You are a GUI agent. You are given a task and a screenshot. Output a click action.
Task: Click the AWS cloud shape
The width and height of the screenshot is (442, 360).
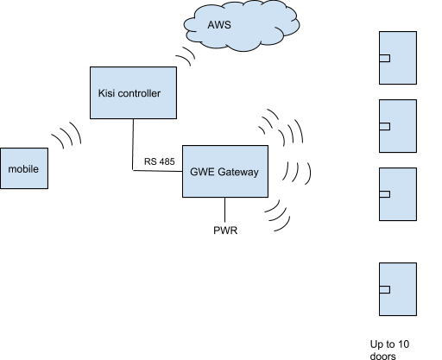(242, 25)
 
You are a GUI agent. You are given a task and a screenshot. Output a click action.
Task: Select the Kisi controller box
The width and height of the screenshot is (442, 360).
(133, 92)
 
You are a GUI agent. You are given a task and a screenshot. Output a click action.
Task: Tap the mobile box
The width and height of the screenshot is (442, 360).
(24, 168)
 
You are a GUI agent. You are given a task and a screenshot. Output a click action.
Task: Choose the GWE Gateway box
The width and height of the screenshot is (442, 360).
(225, 171)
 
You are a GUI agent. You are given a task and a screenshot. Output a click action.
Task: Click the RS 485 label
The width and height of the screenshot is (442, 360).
(160, 161)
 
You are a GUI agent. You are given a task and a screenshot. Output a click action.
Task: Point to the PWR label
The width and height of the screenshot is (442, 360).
(225, 231)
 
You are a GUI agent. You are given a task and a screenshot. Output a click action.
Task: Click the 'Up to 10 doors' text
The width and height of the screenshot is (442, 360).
(389, 350)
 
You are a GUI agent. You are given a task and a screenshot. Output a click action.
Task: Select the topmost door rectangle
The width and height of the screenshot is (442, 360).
(398, 58)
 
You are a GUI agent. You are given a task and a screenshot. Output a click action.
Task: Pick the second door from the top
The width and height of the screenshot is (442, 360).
(398, 126)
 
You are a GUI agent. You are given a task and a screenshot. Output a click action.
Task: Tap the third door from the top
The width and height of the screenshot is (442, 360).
(398, 194)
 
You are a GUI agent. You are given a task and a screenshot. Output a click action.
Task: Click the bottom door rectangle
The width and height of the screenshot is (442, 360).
(398, 289)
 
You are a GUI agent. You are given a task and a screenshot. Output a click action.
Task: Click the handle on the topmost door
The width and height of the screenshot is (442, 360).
(385, 58)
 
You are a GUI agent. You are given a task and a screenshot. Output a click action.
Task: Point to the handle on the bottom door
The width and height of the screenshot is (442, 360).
(385, 289)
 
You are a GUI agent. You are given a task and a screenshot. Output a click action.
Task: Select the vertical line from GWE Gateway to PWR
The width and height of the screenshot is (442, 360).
(224, 210)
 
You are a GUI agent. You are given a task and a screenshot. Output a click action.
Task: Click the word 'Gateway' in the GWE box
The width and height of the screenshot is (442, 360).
(238, 172)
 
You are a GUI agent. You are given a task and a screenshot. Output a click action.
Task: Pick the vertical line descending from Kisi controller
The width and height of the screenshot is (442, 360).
(133, 144)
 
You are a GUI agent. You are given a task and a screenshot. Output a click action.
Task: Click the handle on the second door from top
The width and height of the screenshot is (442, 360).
(385, 126)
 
